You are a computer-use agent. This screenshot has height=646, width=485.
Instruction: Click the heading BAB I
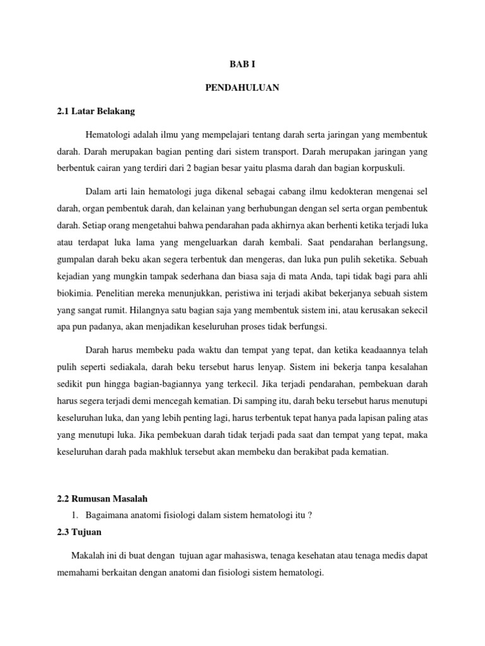coord(242,64)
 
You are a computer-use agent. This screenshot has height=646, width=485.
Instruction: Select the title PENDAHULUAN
coord(242,88)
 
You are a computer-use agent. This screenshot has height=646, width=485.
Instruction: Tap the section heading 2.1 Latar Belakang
coord(96,112)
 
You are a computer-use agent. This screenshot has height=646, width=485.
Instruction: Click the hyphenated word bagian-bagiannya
coord(186,383)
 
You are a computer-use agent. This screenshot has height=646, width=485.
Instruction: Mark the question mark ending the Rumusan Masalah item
coord(310,515)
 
